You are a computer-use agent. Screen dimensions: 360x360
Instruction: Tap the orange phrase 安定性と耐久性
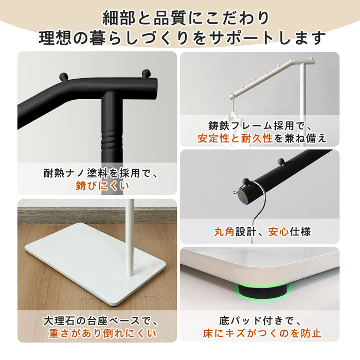[234, 138]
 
